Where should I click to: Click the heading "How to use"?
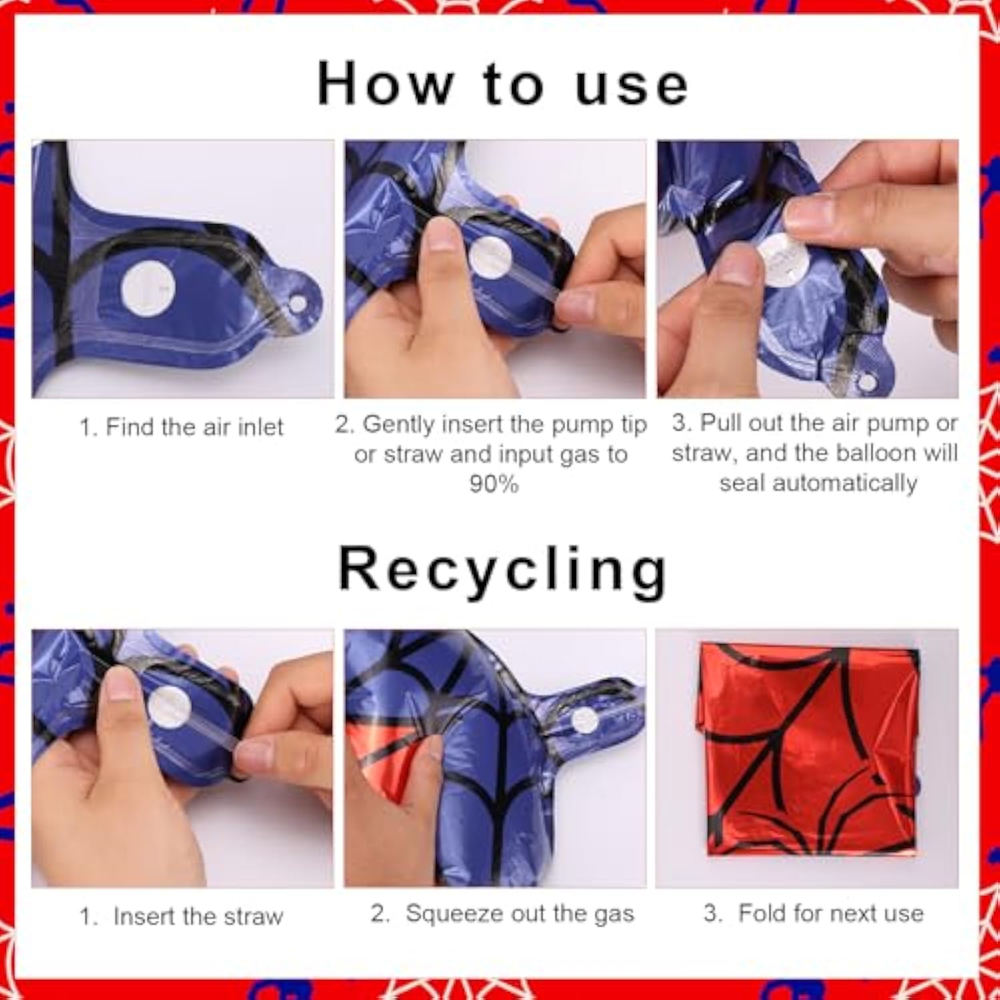(x=502, y=84)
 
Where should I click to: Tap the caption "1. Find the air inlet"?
(x=181, y=427)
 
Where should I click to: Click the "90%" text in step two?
(x=493, y=483)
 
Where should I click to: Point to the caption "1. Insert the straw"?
(x=181, y=916)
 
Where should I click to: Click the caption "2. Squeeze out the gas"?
(x=502, y=913)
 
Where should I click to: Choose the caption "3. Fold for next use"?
(x=813, y=913)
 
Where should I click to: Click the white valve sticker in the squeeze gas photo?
(x=585, y=721)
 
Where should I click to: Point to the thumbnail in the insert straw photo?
(x=122, y=687)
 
